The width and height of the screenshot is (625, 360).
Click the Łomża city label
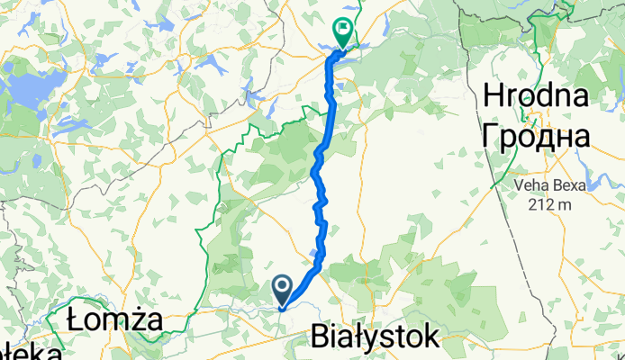(114, 321)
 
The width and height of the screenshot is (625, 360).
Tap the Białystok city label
(375, 337)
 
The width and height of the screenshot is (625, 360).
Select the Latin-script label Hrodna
(538, 95)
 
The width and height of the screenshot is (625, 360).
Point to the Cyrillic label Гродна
(538, 135)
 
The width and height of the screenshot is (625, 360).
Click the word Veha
(532, 185)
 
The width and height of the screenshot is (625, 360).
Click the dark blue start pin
(282, 290)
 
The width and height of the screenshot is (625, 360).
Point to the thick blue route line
(322, 180)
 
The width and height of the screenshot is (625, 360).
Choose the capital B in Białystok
(321, 337)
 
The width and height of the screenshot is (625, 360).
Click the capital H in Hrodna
(495, 95)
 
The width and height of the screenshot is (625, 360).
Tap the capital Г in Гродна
(493, 135)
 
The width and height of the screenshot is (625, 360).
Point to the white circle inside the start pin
(282, 287)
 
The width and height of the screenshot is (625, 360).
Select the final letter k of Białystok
(431, 337)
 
